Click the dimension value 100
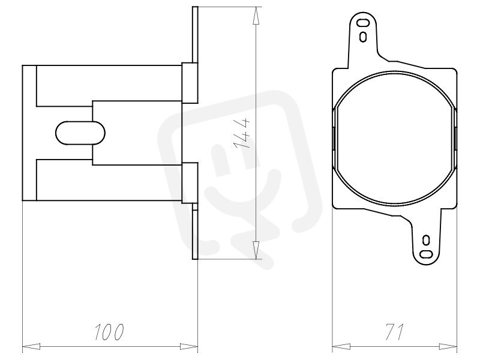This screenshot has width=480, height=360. tap(109, 332)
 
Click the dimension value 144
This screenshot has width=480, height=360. tap(242, 133)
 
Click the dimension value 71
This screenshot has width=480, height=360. tap(394, 332)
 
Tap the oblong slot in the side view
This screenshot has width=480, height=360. tap(80, 133)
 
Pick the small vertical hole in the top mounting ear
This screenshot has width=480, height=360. tap(363, 37)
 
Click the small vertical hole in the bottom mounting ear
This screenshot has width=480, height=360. tap(426, 241)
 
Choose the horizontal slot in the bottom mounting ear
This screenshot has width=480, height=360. tap(426, 254)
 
